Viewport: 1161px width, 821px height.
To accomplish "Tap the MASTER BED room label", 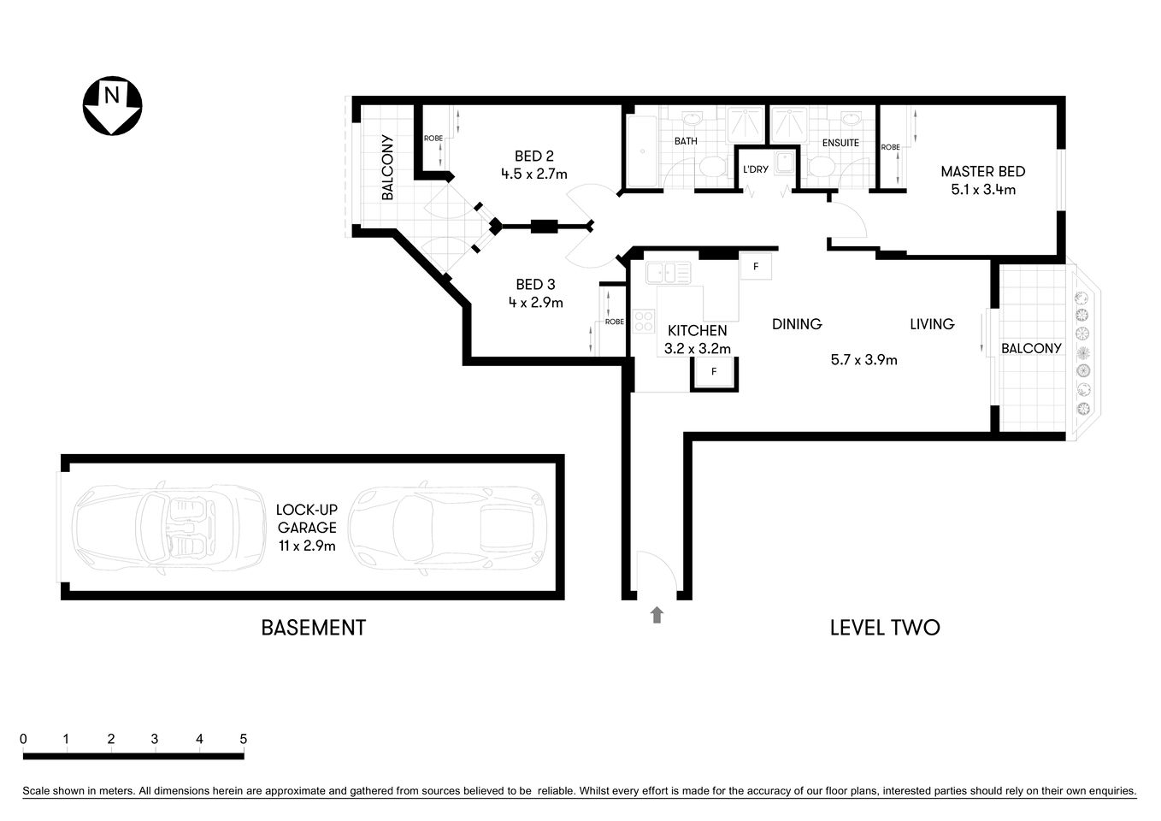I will (x=982, y=171).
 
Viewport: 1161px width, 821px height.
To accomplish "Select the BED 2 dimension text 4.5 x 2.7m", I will (x=533, y=174).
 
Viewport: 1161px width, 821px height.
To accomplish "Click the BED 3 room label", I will (x=535, y=284).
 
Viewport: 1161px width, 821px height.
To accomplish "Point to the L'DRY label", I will (x=755, y=169).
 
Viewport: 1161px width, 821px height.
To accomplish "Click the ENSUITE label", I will (x=840, y=143).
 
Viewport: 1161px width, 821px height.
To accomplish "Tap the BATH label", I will (x=686, y=141).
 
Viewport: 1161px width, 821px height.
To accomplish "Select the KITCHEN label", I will (x=697, y=330).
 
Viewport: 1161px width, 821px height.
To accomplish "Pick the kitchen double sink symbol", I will (x=669, y=273).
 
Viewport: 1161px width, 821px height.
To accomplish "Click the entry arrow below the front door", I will (x=657, y=614).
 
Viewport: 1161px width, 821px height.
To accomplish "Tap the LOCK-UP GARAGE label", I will (x=305, y=519).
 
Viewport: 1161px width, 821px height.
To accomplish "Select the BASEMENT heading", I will (x=313, y=628).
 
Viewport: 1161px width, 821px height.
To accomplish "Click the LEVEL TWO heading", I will (x=884, y=628).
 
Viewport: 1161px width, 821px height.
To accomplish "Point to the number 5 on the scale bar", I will (x=244, y=739).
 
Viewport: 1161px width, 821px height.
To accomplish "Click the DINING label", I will (x=796, y=324).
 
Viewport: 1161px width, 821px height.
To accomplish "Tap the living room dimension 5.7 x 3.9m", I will (x=863, y=360).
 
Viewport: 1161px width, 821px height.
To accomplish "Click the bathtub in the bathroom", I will (x=641, y=151).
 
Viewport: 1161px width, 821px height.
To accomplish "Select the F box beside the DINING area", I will (x=755, y=266).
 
